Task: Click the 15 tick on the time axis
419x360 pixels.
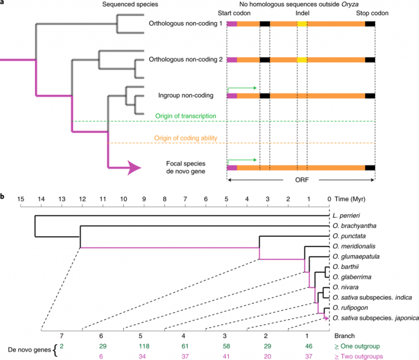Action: click(x=21, y=199)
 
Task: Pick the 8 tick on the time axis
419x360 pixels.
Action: click(x=165, y=199)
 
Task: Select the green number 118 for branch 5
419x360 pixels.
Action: click(x=145, y=346)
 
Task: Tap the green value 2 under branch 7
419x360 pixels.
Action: click(x=62, y=346)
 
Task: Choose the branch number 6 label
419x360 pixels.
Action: click(x=103, y=337)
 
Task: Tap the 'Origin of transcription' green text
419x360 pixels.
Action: click(x=185, y=116)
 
